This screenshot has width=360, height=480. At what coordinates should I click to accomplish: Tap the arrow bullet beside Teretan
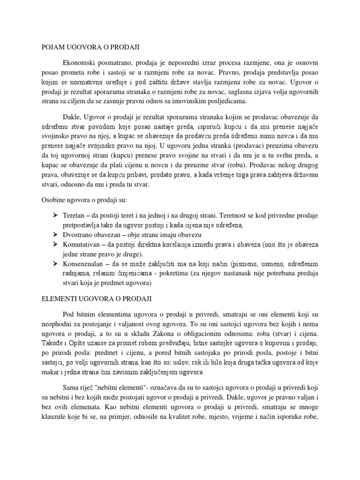[x=55, y=215]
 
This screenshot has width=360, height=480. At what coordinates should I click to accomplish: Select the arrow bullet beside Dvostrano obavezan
[x=55, y=235]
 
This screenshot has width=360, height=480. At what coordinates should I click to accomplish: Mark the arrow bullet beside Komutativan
[x=55, y=245]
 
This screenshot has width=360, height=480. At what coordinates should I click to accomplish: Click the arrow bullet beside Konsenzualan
[x=55, y=264]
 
